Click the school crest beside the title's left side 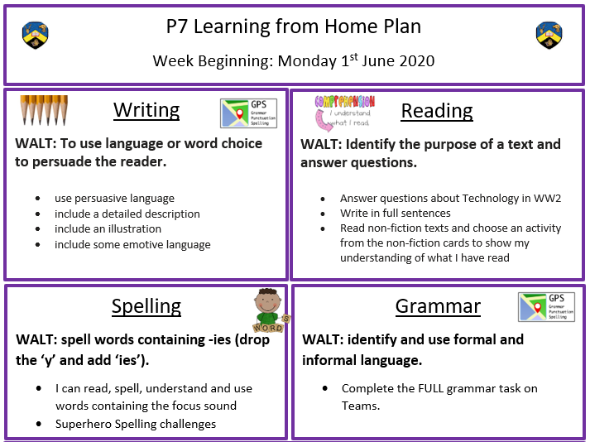point(36,35)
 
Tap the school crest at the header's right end point(549,35)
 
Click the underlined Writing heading point(146,110)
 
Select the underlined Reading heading point(436,111)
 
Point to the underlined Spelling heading point(146,306)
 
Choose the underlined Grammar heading point(438,306)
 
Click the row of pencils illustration point(44,110)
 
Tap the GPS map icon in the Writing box point(249,113)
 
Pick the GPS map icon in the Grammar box point(546,307)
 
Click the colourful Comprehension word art point(345,102)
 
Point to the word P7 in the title point(177,26)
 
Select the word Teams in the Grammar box point(359,406)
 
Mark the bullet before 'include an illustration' point(37,229)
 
